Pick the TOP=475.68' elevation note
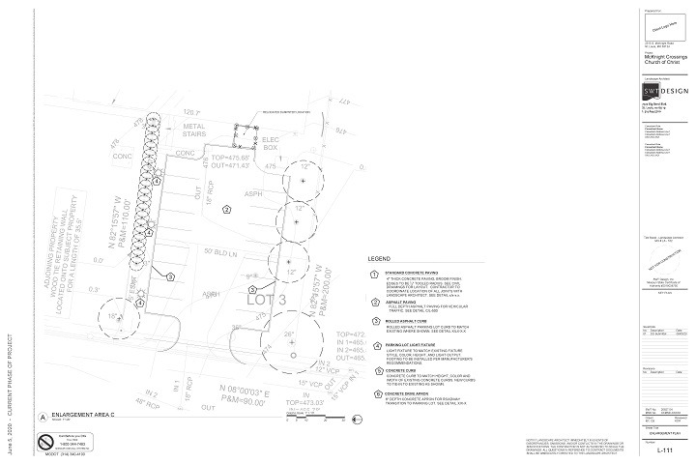click(231, 158)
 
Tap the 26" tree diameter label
click(289, 334)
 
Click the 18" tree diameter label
click(113, 316)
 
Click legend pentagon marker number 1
click(375, 275)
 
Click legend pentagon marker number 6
click(375, 394)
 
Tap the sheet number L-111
click(664, 450)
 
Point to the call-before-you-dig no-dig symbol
click(44, 442)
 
